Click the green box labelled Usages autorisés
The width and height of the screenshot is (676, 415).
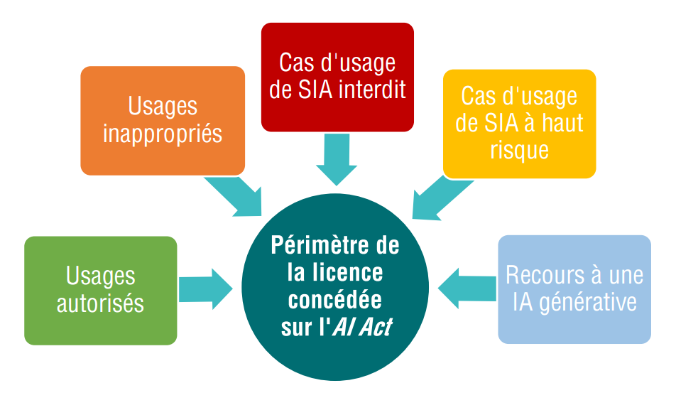tap(100, 290)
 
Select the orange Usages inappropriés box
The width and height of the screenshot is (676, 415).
tap(163, 120)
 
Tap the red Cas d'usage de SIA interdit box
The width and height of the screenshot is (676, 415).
tap(337, 77)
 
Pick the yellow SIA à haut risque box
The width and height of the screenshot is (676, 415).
tap(519, 123)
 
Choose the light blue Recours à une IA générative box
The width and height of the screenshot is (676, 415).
tap(574, 289)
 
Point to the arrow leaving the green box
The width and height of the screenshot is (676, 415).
tap(206, 289)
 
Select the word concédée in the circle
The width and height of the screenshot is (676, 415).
tap(335, 300)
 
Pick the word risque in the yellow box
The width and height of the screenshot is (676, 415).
tap(519, 150)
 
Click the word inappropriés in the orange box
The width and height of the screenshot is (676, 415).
tap(163, 134)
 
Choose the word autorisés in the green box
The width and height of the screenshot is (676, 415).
tap(100, 303)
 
